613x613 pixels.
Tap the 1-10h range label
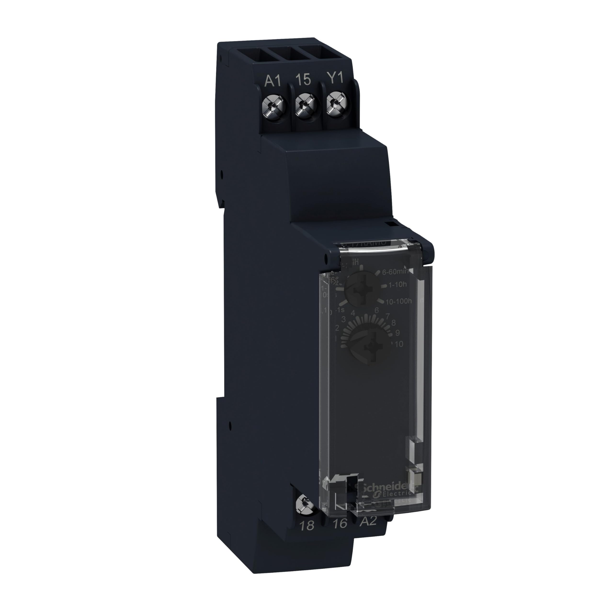(x=397, y=285)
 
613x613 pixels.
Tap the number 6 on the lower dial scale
(x=377, y=310)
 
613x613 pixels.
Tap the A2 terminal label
(x=368, y=521)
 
